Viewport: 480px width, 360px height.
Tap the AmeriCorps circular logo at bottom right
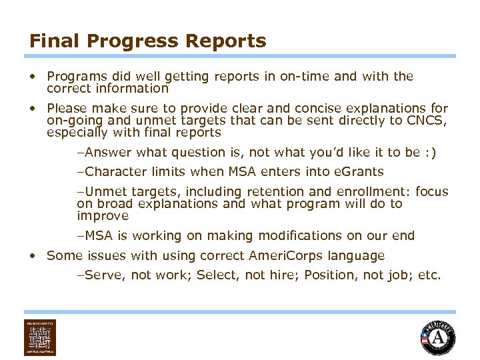click(438, 338)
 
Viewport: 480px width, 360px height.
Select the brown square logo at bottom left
click(40, 337)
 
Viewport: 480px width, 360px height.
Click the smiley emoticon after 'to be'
click(430, 152)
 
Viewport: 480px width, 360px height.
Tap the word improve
click(102, 216)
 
